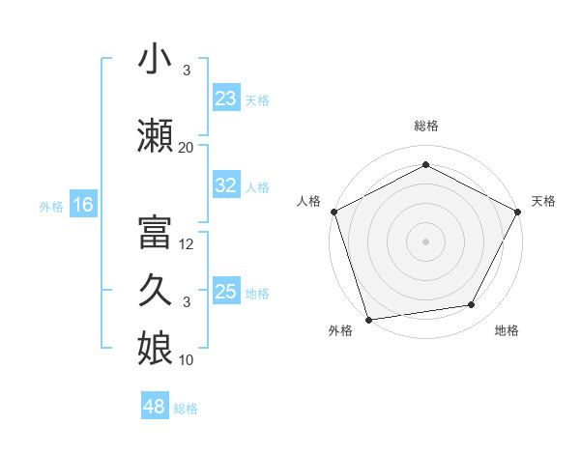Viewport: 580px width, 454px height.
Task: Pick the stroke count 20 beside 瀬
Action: (186, 147)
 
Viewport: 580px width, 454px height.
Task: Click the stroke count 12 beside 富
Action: (187, 243)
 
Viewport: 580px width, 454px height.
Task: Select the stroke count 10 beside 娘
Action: (187, 360)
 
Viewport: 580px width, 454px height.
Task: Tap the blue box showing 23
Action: (225, 99)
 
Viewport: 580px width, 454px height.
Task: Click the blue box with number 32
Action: (225, 186)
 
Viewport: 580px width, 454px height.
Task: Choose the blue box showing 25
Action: (225, 292)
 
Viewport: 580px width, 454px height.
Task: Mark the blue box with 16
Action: (82, 205)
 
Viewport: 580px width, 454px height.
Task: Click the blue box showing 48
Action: (154, 407)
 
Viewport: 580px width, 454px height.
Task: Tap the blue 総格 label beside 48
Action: (186, 409)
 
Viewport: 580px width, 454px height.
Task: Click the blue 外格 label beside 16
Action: (51, 206)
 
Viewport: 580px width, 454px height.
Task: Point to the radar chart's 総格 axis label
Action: (425, 126)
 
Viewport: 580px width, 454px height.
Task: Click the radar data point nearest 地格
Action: (472, 304)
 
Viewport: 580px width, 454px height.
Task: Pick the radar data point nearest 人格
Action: (333, 211)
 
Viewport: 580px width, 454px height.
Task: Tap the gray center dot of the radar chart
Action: (425, 241)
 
